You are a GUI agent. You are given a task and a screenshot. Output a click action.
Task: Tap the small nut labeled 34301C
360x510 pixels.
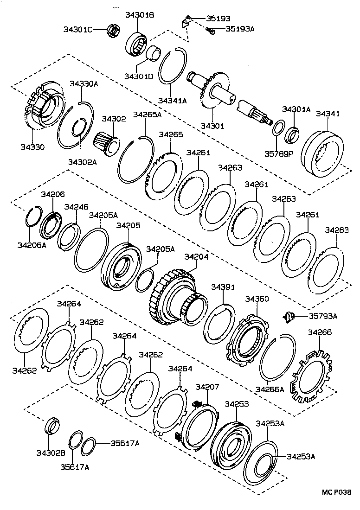click(x=112, y=30)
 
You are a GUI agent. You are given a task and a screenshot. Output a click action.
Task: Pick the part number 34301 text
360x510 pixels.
click(x=212, y=126)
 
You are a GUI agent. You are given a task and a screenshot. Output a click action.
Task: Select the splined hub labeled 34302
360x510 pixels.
click(x=107, y=142)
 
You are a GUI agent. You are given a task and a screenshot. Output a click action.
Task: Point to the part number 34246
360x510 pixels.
click(x=76, y=207)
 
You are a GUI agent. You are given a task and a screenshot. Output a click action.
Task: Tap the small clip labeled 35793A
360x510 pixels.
click(x=289, y=316)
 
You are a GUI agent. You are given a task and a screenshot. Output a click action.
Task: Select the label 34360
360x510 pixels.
click(x=257, y=299)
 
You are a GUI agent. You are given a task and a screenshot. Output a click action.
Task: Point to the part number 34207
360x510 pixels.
click(x=207, y=387)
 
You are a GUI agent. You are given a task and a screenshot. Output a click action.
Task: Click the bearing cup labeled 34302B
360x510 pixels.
click(x=52, y=426)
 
